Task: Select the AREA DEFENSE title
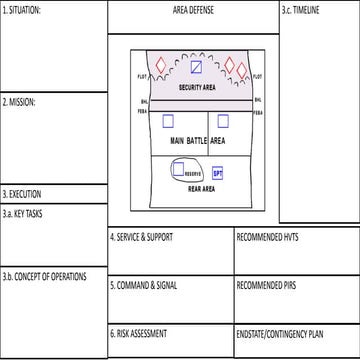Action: (x=193, y=9)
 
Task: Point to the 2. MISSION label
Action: (x=21, y=102)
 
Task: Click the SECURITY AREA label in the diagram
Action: (x=197, y=88)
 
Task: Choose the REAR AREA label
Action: (x=202, y=188)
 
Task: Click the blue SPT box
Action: (x=218, y=173)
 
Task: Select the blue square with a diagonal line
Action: (x=197, y=68)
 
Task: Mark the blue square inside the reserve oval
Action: (x=178, y=170)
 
